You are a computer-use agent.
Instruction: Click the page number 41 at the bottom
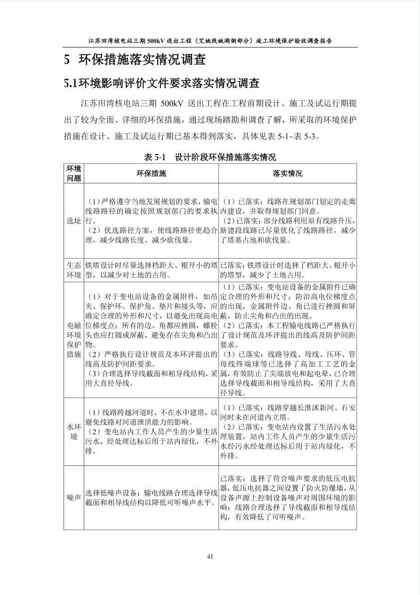210,556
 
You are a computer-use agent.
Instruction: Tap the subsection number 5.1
70,84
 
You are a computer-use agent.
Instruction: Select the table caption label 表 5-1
155,157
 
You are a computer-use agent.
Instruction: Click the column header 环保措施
151,173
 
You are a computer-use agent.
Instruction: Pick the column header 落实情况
287,173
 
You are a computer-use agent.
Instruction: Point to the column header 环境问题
73,173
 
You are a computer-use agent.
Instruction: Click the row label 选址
73,220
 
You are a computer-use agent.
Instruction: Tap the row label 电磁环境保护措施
73,339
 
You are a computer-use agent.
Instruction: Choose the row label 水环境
73,432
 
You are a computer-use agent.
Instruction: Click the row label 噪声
73,497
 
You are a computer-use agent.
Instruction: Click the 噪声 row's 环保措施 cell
151,497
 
